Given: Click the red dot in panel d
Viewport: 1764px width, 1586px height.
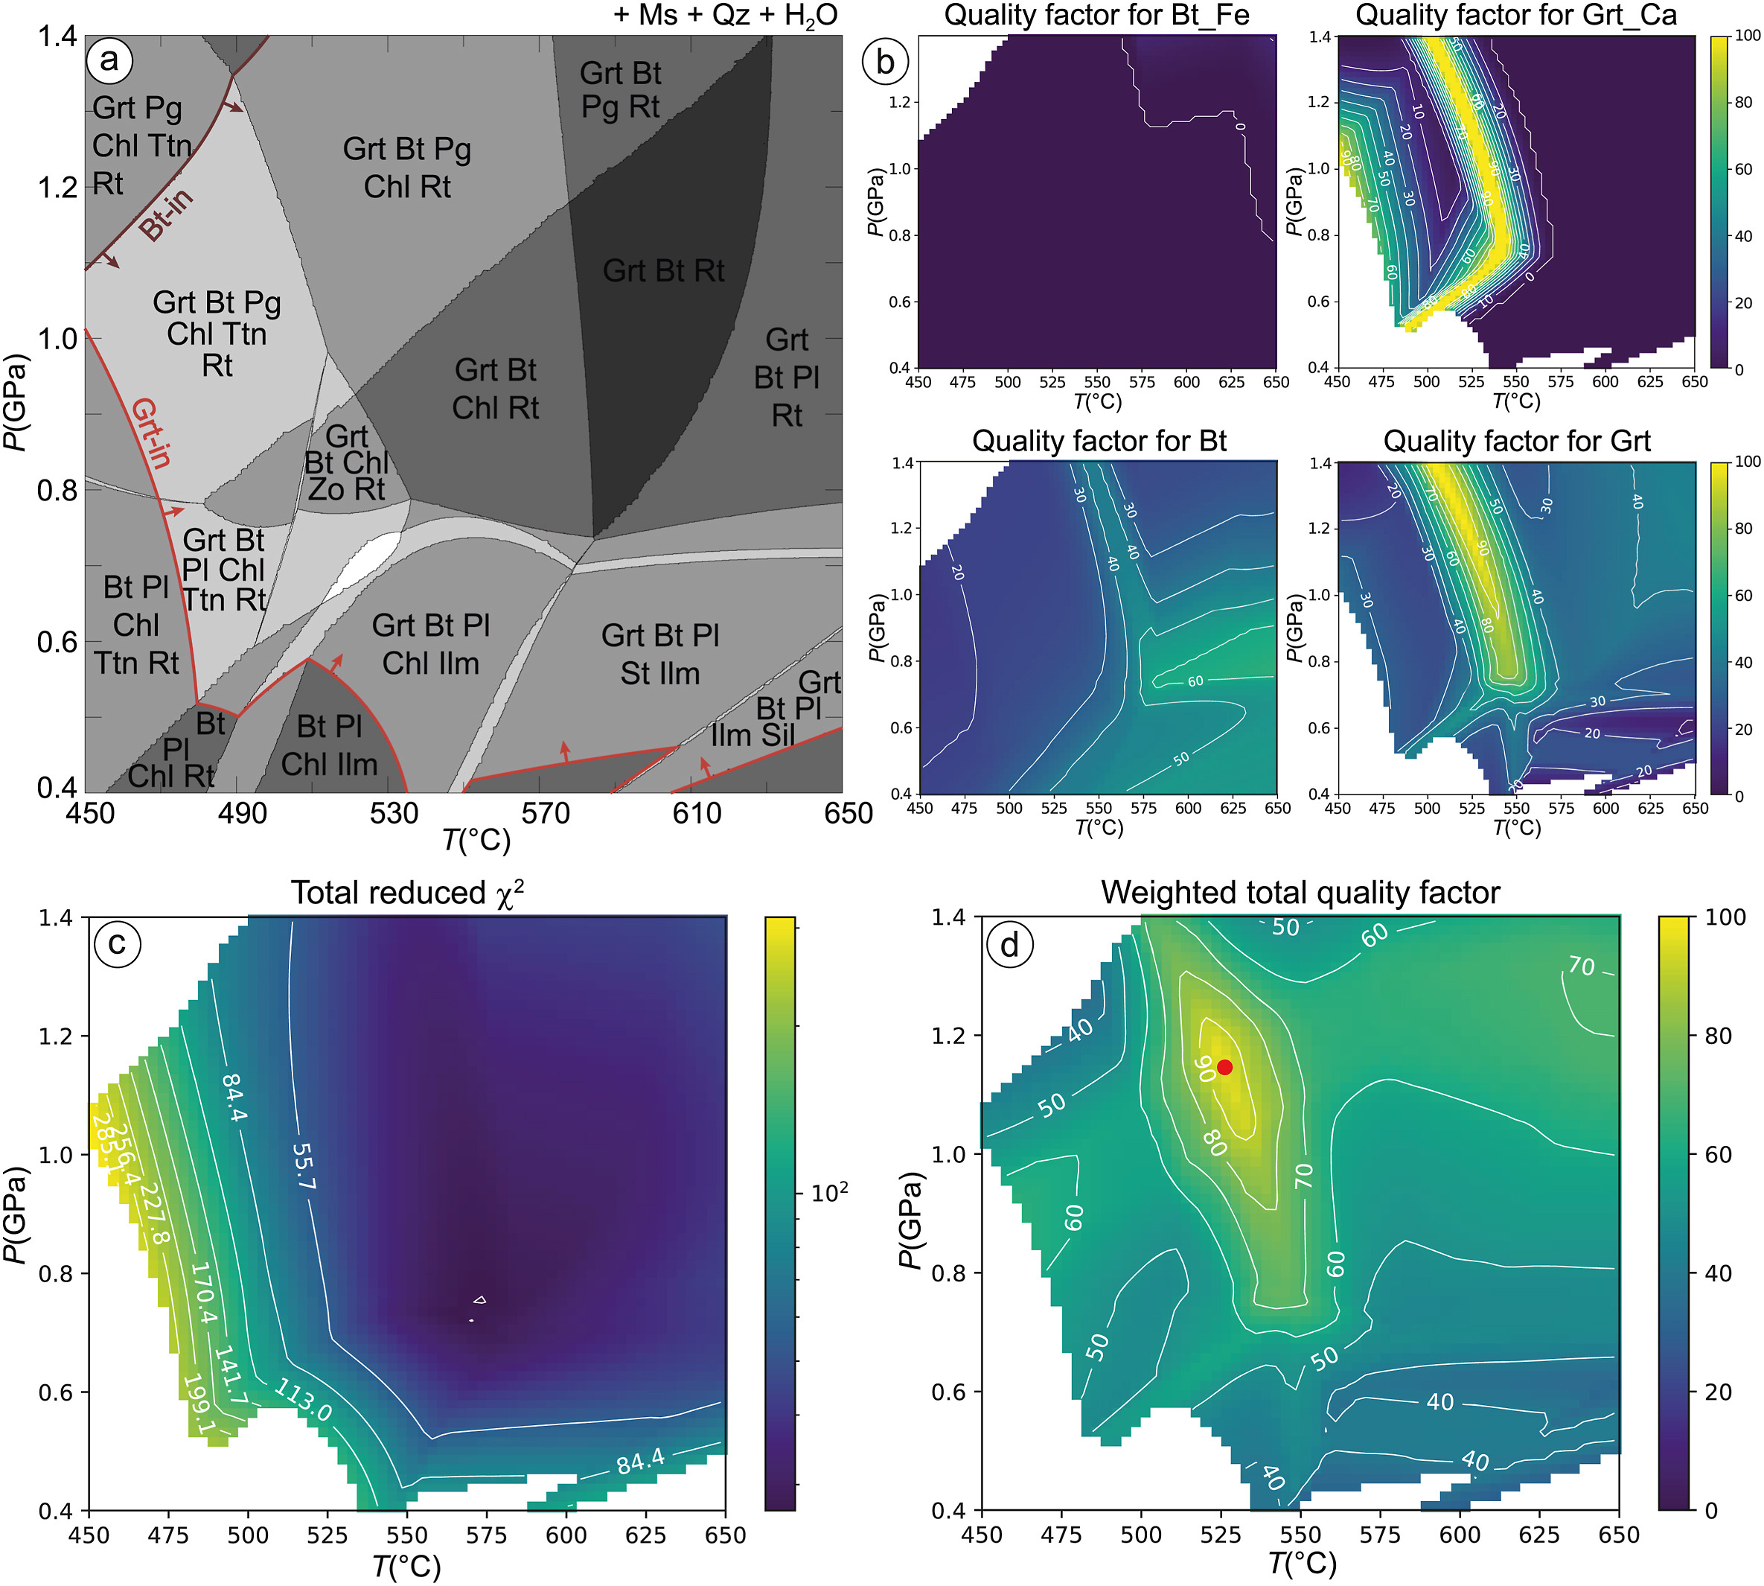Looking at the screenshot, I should [x=1225, y=1068].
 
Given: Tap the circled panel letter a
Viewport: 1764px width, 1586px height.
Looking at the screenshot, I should [x=109, y=60].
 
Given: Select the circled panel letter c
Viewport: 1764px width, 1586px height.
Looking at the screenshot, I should [x=118, y=943].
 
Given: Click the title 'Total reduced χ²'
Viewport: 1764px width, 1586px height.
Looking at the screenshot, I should [x=407, y=894].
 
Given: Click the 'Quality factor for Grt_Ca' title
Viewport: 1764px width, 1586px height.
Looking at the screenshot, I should [x=1515, y=15].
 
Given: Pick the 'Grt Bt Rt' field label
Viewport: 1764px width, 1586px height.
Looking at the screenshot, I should [x=663, y=271].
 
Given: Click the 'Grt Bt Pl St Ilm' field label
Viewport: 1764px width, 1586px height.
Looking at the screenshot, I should [x=660, y=654].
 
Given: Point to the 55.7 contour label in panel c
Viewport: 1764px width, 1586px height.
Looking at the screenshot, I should [x=303, y=1167].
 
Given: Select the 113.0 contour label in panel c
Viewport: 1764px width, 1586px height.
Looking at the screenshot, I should [x=302, y=1401].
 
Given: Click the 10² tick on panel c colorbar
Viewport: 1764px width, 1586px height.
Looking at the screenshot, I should [x=828, y=1193].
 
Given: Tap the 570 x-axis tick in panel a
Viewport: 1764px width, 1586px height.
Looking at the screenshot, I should [x=546, y=814].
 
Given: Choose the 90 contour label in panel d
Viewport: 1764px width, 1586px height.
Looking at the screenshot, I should [x=1205, y=1069].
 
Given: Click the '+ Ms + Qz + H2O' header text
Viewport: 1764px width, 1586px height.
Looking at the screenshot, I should [x=726, y=15].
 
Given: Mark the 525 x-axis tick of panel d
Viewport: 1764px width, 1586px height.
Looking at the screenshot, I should [x=1221, y=1535].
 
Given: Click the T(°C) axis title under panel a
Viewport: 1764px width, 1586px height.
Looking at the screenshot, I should [x=476, y=840].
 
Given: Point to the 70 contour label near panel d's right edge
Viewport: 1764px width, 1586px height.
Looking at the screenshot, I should [x=1581, y=966].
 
